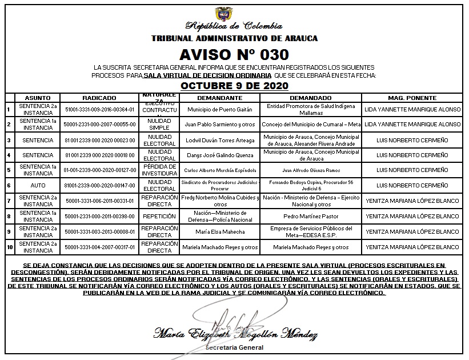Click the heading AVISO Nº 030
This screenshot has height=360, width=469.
[234, 54]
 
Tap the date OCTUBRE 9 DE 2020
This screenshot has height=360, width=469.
[234, 86]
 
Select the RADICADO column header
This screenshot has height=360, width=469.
[99, 98]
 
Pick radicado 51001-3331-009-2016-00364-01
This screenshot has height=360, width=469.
[99, 109]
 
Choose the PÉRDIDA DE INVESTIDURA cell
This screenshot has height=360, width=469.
[159, 170]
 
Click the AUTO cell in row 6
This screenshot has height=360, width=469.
[34, 185]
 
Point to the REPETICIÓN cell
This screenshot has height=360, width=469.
[159, 216]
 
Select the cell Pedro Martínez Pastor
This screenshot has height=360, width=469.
[311, 216]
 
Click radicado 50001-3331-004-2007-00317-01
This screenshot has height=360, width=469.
[99, 247]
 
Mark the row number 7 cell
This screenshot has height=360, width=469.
[9, 201]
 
